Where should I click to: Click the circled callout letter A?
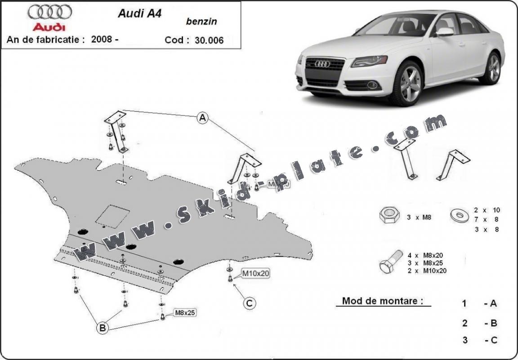pyautogui.click(x=203, y=118)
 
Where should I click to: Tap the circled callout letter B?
pyautogui.click(x=103, y=329)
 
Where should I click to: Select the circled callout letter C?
pyautogui.click(x=250, y=303)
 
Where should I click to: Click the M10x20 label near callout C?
pyautogui.click(x=256, y=273)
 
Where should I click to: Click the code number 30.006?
pyautogui.click(x=209, y=40)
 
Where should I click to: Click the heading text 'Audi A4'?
pyautogui.click(x=139, y=13)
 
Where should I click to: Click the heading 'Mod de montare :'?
pyautogui.click(x=383, y=301)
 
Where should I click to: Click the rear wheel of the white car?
pyautogui.click(x=494, y=68)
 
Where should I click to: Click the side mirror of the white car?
pyautogui.click(x=445, y=31)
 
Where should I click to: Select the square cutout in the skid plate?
pyautogui.click(x=113, y=215)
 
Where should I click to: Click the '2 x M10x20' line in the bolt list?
pyautogui.click(x=427, y=271)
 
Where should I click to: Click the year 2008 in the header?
pyautogui.click(x=102, y=39)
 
